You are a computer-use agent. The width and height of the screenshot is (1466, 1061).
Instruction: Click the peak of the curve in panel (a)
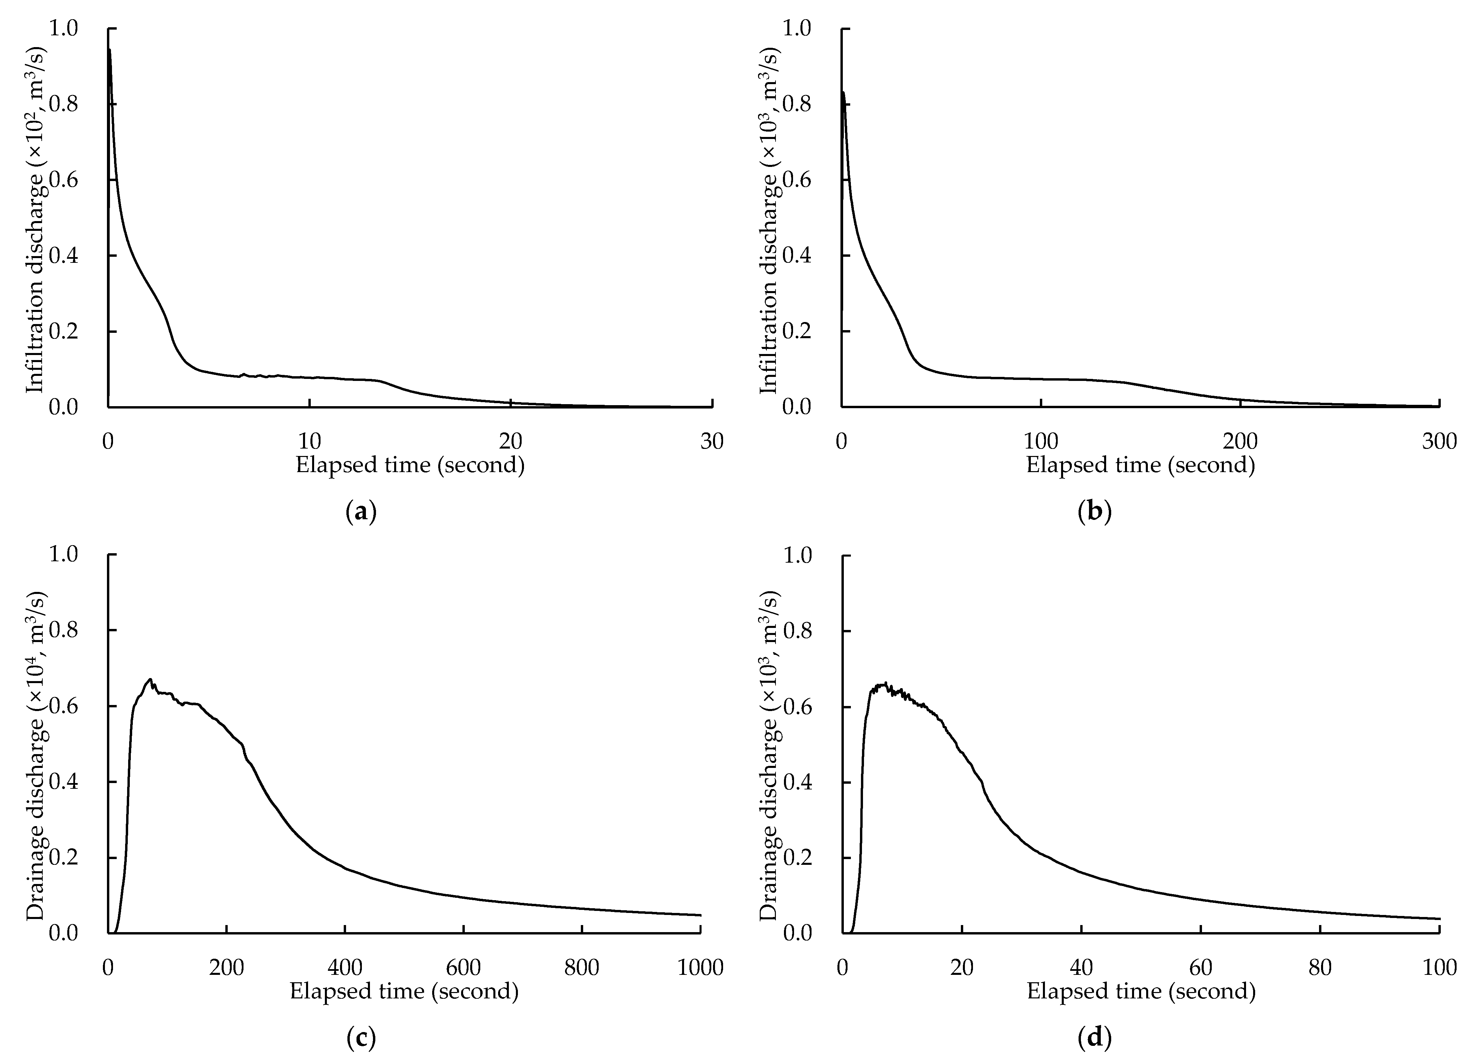click(x=110, y=50)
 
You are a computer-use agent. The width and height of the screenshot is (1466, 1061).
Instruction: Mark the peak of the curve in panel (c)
click(x=150, y=679)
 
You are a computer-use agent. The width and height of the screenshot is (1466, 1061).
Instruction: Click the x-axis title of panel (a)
click(x=410, y=465)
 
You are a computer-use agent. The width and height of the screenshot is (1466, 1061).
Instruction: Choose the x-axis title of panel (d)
click(x=1141, y=991)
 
